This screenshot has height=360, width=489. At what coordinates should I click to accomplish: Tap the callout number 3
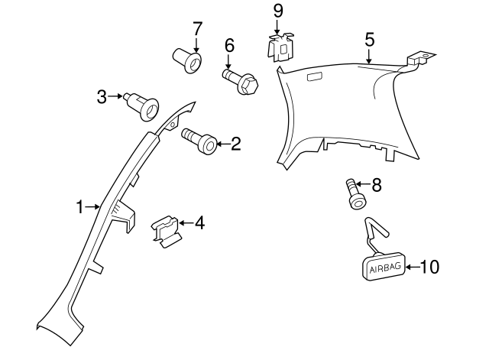point(102,96)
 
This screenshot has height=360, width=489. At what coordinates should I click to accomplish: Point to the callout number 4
point(199,224)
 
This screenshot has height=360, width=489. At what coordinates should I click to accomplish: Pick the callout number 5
point(369,38)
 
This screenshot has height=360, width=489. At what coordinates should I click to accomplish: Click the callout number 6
point(229,46)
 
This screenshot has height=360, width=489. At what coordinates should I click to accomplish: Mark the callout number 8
point(375,185)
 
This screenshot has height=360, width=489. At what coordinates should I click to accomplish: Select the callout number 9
point(277,11)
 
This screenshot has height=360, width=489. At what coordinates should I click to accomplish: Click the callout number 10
point(430,267)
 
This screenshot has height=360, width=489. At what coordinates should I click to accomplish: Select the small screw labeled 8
point(355,193)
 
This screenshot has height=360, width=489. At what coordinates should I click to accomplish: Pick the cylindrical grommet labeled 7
point(187,60)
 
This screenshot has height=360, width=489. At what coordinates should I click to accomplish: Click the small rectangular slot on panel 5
point(313,76)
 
